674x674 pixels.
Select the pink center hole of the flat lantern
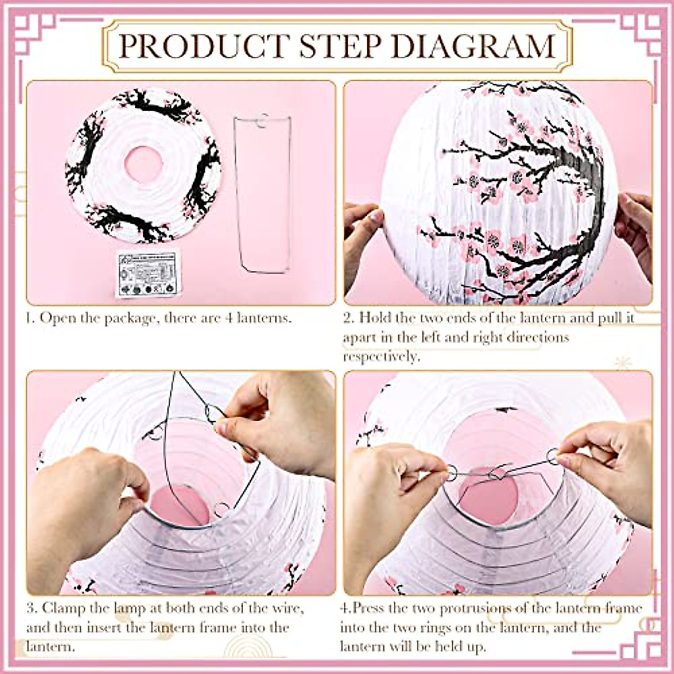coord(143,164)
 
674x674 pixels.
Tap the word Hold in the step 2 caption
coord(376,318)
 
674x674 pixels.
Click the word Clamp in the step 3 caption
coord(66,608)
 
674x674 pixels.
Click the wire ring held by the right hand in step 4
coord(553,456)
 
